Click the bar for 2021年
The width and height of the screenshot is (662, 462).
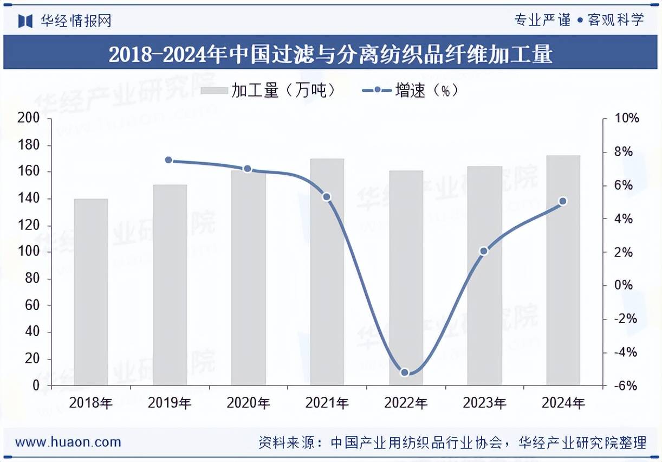327,272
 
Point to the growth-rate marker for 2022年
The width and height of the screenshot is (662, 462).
405,373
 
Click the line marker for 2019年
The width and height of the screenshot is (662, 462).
168,160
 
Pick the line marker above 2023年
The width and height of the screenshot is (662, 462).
484,251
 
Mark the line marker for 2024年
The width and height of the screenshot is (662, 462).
562,201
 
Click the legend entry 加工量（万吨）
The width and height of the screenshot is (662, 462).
269,91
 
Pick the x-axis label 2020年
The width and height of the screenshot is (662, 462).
248,403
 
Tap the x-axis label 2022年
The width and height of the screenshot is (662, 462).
406,403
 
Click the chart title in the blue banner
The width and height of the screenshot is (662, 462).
330,54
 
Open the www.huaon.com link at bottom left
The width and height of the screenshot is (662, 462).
68,442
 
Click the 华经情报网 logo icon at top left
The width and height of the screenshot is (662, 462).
25,21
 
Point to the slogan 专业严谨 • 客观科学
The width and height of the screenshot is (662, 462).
579,21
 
